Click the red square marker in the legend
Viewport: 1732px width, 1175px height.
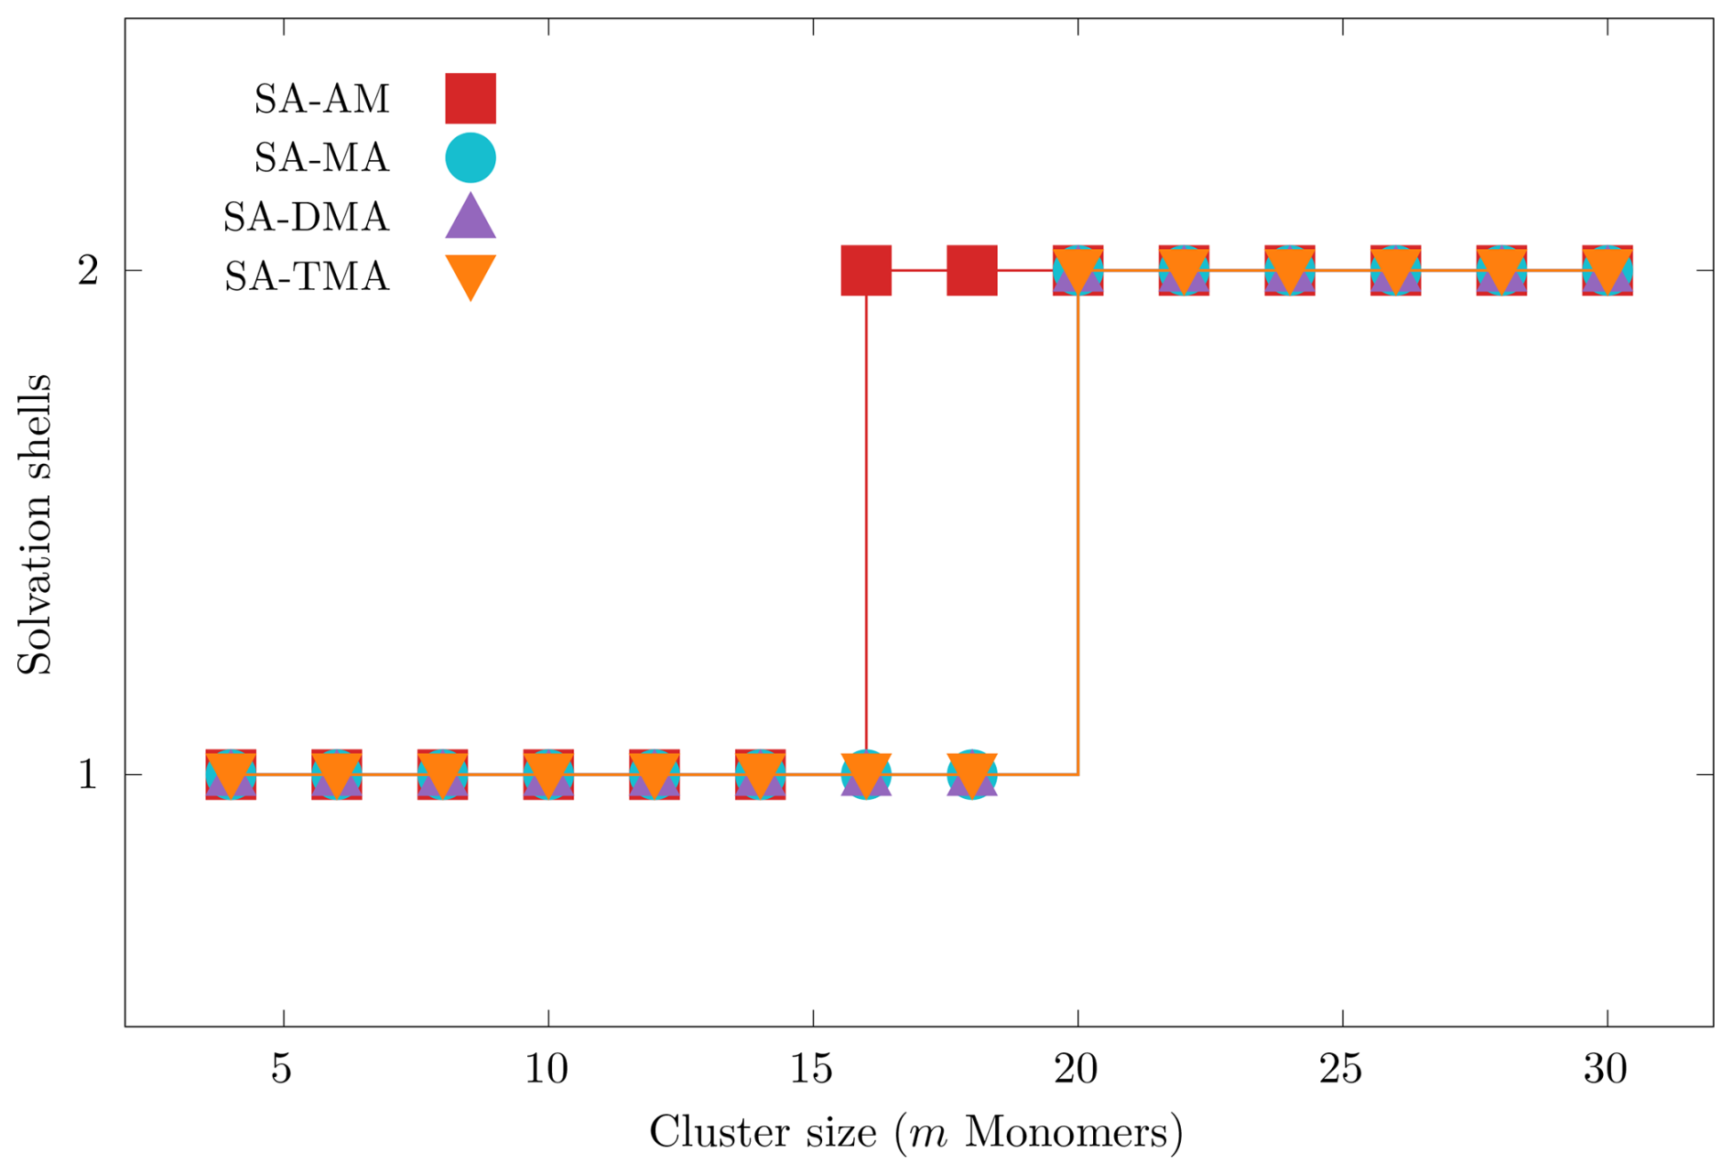click(471, 98)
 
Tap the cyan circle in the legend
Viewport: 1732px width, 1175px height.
click(471, 157)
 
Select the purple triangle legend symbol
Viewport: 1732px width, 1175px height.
click(471, 218)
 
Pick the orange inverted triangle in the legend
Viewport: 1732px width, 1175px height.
click(471, 275)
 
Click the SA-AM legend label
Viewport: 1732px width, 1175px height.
click(321, 99)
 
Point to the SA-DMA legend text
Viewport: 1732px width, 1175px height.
click(306, 218)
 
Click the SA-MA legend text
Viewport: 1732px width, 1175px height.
click(321, 158)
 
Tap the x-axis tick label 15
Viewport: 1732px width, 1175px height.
click(812, 1069)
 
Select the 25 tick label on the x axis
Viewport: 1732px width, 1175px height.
click(1341, 1069)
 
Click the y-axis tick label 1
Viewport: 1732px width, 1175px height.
click(88, 775)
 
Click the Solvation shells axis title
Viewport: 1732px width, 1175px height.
click(35, 524)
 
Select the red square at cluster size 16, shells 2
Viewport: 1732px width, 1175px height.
click(866, 270)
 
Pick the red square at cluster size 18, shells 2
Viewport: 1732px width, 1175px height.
click(972, 270)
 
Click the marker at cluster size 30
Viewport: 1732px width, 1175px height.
click(1608, 270)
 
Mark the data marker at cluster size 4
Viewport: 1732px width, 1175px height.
click(231, 774)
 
